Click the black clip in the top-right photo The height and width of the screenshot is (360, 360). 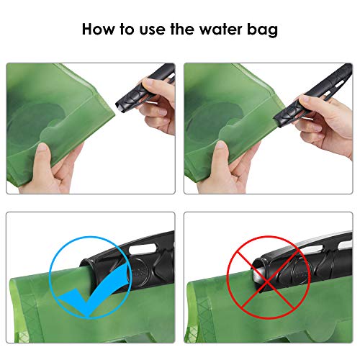(317, 90)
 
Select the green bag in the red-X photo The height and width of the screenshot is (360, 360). (230, 317)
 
